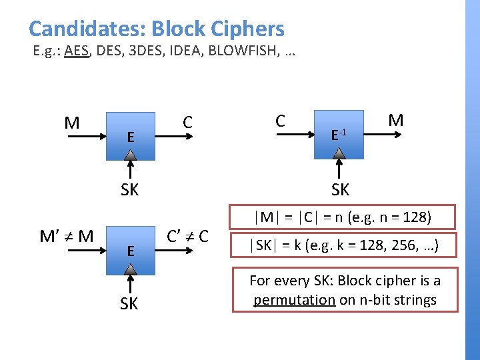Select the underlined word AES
77,51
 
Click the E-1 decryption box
340,135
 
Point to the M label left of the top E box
72,123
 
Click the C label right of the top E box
188,122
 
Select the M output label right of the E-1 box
396,121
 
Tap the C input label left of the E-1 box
281,121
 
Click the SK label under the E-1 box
340,190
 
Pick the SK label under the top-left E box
130,190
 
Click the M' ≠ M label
67,236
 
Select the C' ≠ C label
187,236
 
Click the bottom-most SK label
130,304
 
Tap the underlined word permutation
294,300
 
